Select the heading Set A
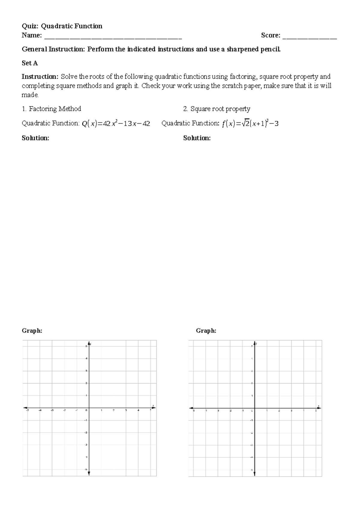pos(30,63)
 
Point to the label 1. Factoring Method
pos(51,109)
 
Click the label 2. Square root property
pos(217,109)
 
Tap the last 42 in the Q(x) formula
pos(146,123)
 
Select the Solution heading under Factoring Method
pos(35,138)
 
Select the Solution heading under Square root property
pos(197,138)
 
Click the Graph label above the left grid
pos(32,331)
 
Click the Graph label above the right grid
pos(206,331)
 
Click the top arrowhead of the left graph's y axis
pos(89,343)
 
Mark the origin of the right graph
pos(254,408)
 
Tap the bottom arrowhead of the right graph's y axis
pos(254,474)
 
